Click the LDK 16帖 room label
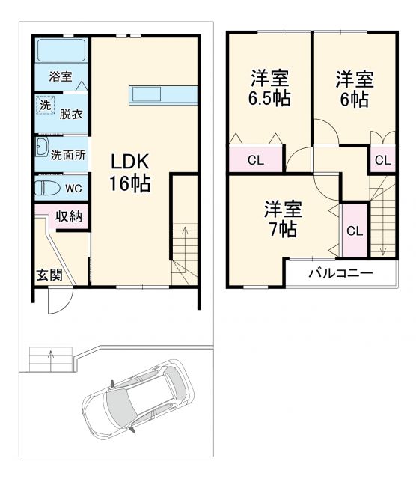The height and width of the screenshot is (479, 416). coord(131,172)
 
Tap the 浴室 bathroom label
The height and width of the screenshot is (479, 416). coord(61,76)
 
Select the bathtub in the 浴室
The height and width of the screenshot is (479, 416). coord(62,52)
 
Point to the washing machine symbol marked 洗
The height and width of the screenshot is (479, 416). coord(45,106)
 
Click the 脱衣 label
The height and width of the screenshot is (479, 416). coord(70,114)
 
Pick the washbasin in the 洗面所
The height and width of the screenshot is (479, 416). coord(42,147)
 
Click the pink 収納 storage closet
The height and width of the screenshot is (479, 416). coord(68,216)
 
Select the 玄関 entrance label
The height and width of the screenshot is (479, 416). coord(49,275)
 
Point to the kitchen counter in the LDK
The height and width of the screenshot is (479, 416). coord(163,95)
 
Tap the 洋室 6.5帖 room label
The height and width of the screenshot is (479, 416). coord(270,88)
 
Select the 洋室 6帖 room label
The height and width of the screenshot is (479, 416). coord(353,88)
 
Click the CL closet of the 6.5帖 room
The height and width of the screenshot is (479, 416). coord(255,159)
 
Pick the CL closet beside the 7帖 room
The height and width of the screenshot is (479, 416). coord(353,229)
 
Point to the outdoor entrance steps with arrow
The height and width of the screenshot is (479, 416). coord(51,360)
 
